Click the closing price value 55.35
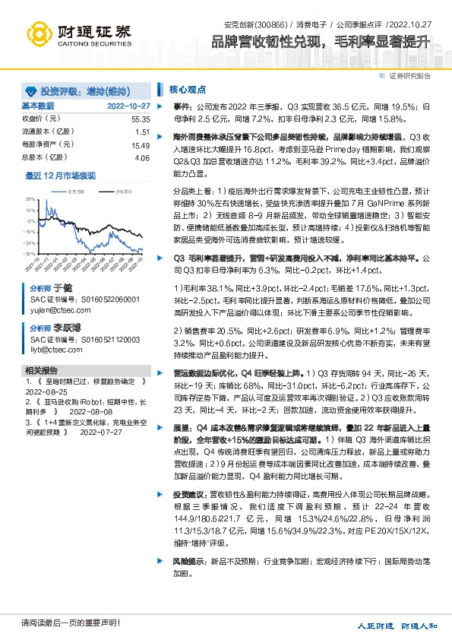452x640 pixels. [141, 119]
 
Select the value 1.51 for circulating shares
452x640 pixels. [143, 132]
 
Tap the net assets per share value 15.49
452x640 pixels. [141, 145]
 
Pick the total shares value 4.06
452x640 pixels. [142, 158]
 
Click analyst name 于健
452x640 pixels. [62, 290]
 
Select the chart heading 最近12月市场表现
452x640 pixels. [61, 176]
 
